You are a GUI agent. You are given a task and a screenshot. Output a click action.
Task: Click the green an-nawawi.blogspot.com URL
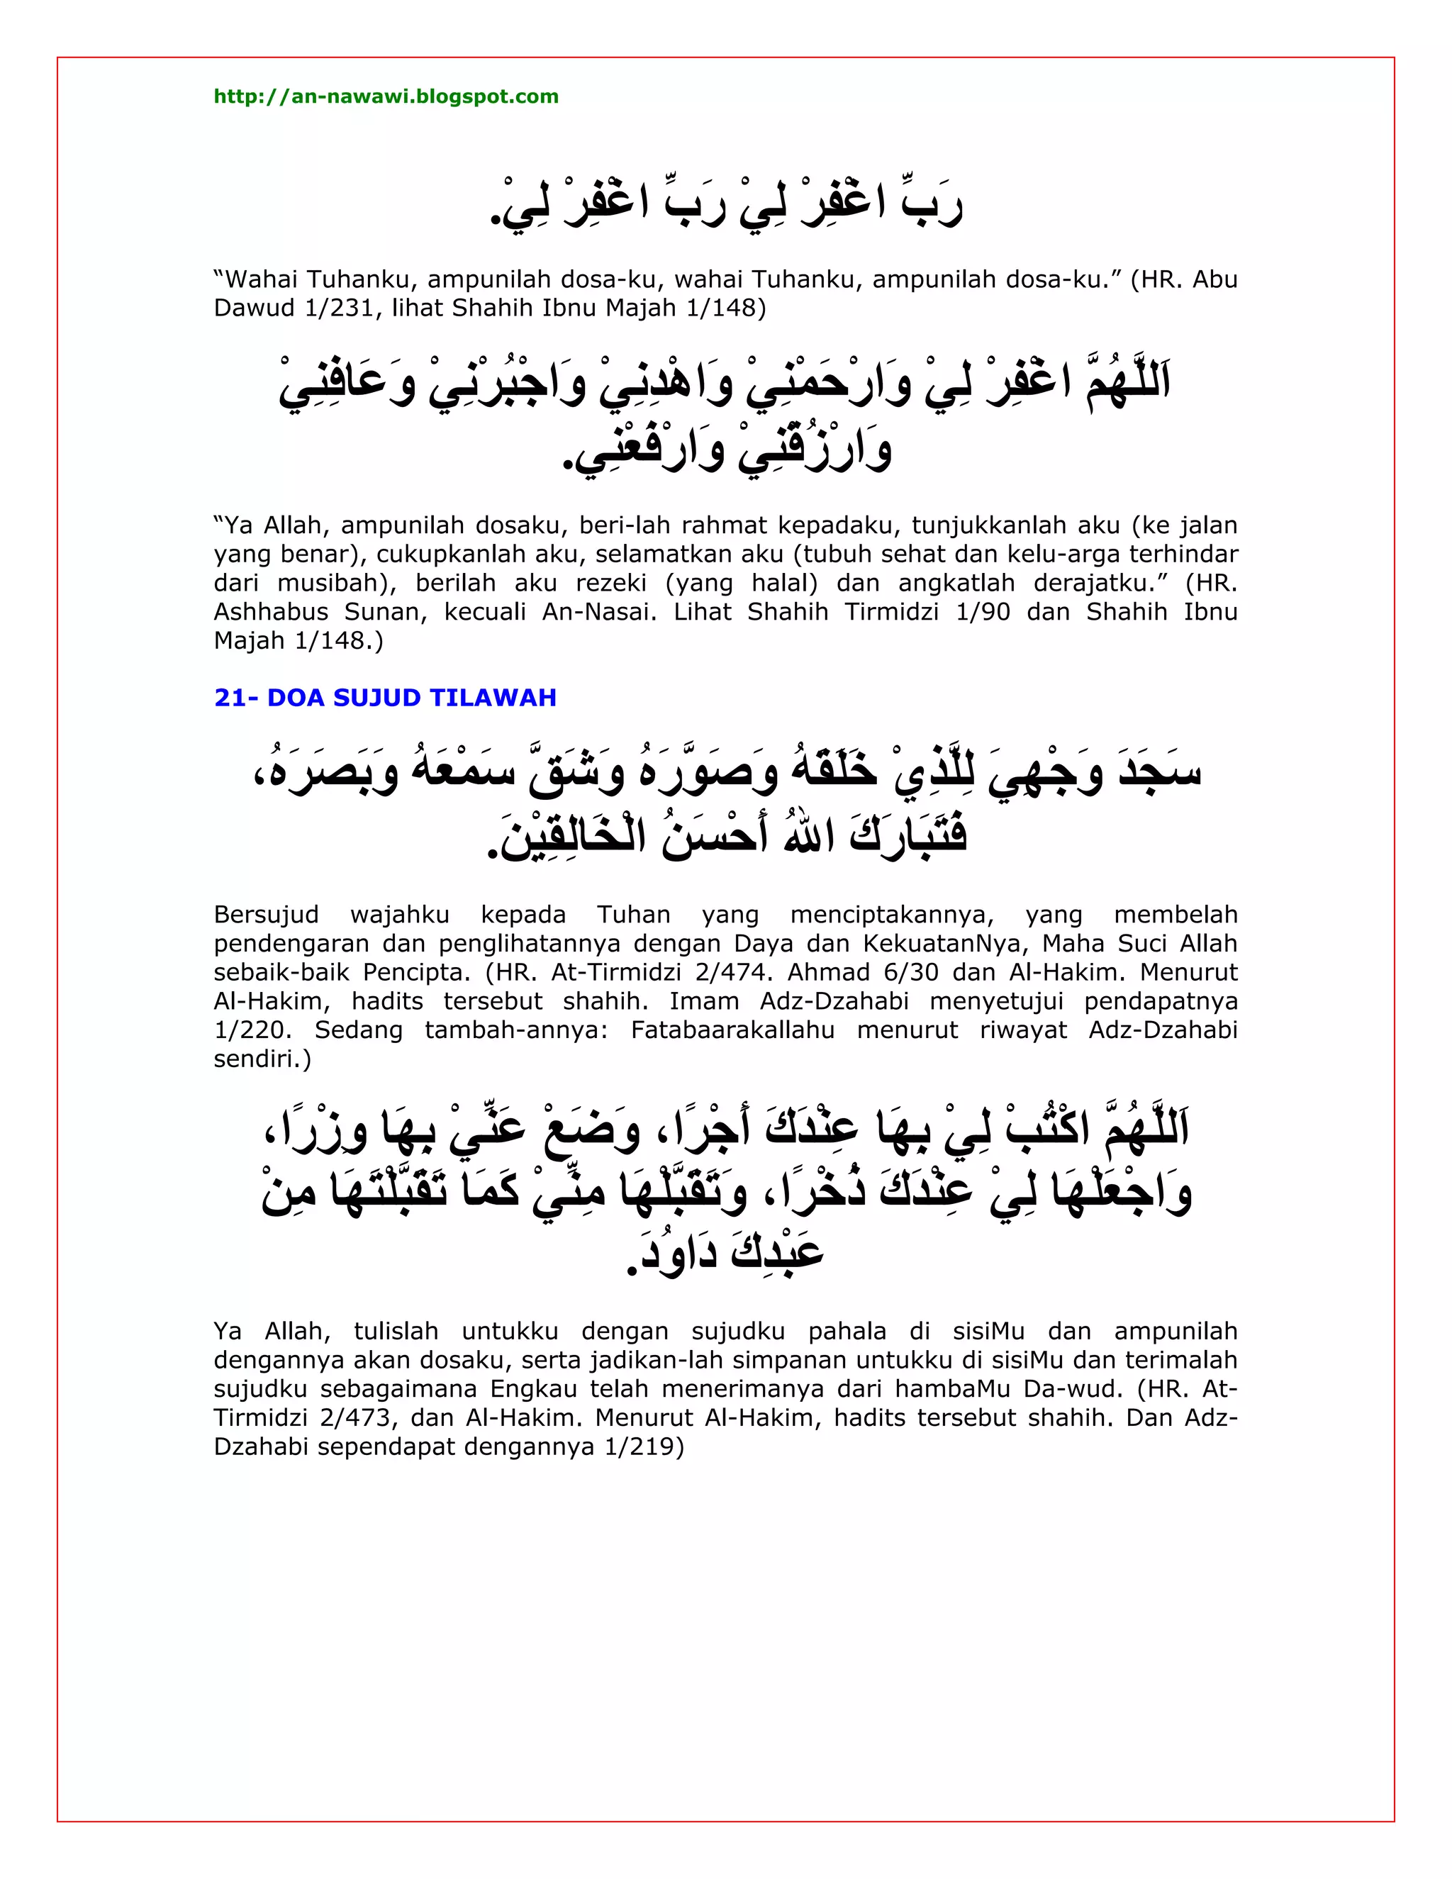tap(386, 96)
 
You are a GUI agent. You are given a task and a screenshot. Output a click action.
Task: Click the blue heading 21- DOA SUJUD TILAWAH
tap(386, 697)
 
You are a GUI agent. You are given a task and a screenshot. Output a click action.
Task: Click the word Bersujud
tap(266, 914)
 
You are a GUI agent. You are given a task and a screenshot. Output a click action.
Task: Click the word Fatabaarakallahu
tap(732, 1030)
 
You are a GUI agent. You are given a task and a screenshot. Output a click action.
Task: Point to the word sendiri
tap(262, 1059)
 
